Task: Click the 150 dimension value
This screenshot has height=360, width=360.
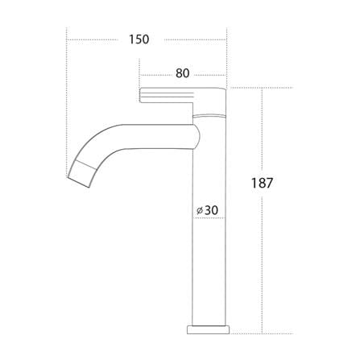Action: pos(139,39)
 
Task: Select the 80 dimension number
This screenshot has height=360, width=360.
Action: pos(183,73)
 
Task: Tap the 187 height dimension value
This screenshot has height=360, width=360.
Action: pos(262,184)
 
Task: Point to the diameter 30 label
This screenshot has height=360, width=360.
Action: pos(207,210)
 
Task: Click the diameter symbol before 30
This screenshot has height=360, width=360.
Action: pos(199,211)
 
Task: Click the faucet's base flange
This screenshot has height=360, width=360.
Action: pos(208,330)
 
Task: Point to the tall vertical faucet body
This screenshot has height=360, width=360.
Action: pos(209,223)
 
